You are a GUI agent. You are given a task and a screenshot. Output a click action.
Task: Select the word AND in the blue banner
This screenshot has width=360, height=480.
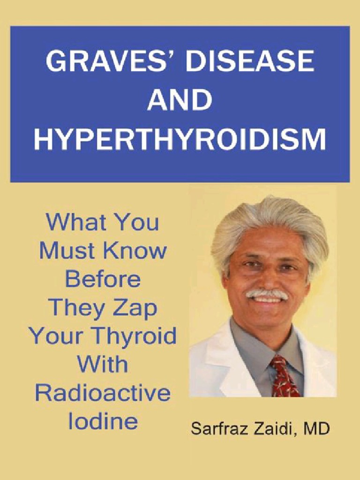tap(180, 100)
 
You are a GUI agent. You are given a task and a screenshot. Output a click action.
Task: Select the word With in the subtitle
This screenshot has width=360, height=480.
tap(102, 364)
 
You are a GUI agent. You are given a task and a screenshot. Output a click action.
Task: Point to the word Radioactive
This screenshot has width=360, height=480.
tap(102, 392)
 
